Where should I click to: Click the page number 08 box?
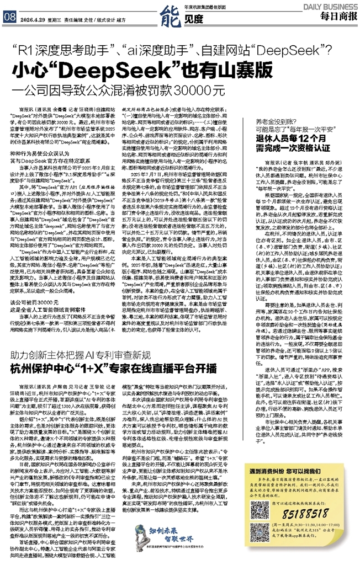tap(9, 16)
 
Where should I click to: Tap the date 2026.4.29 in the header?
tap(31, 17)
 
